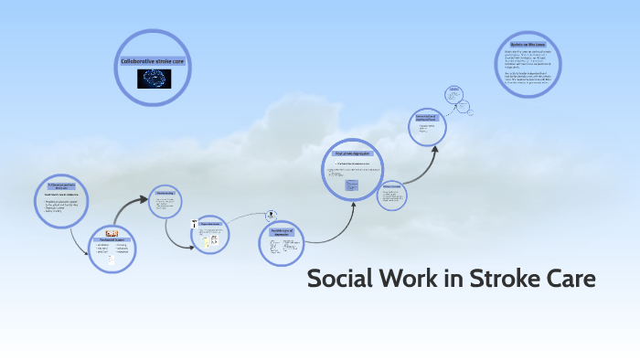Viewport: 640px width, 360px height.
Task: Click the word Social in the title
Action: point(338,279)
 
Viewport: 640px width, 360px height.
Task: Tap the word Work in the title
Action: point(404,279)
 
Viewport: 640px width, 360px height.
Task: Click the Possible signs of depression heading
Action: point(280,232)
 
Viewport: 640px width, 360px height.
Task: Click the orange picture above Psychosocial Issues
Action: point(112,233)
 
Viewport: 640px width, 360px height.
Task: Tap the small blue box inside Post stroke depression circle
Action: point(351,185)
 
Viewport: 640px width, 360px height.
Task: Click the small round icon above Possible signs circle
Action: point(272,216)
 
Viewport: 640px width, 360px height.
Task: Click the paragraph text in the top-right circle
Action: point(532,67)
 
